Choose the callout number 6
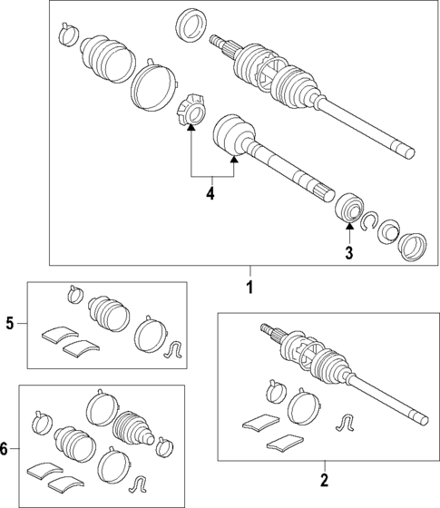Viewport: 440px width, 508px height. [x=7, y=449]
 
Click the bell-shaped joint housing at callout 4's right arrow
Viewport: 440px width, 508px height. [x=236, y=134]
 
